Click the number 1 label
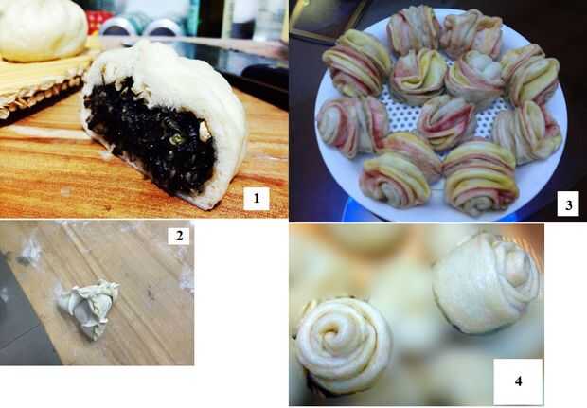(257, 199)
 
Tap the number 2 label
(179, 236)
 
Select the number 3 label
(568, 204)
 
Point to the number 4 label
(518, 381)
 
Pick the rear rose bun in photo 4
(486, 283)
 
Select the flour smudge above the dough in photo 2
(30, 252)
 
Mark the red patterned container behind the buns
(98, 20)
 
